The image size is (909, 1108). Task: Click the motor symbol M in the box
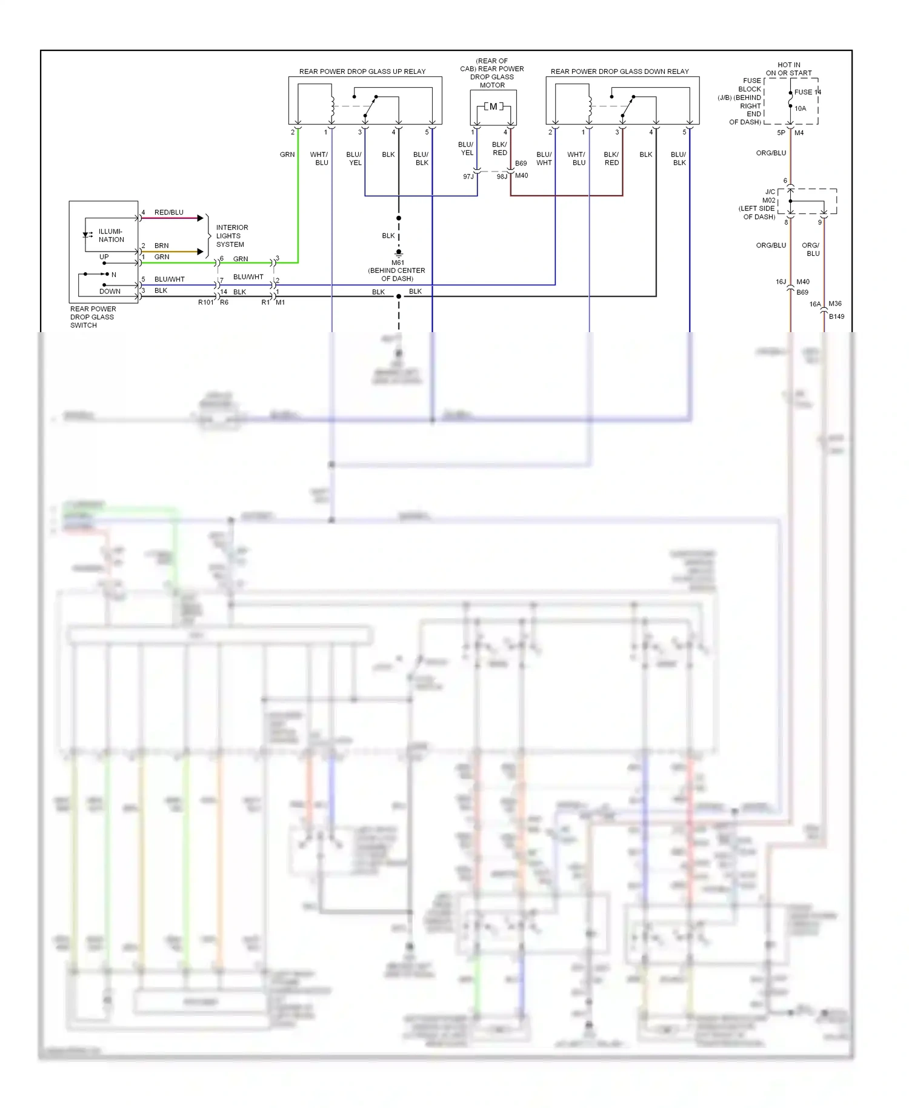[x=493, y=107]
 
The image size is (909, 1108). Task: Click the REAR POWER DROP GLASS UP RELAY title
[x=362, y=72]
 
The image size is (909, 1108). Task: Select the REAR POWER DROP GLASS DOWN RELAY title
[x=619, y=72]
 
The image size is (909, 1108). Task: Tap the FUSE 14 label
[x=807, y=92]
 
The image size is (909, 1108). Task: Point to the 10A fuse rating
[x=800, y=108]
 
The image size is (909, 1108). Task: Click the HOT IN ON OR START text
[x=788, y=68]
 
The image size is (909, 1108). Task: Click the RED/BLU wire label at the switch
[x=168, y=212]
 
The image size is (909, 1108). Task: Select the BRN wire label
[x=161, y=245]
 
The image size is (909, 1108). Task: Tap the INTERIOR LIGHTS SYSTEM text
[x=231, y=236]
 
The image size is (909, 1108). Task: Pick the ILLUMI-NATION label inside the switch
[x=111, y=235]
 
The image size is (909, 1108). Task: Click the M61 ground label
[x=398, y=263]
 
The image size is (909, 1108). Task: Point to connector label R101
[x=205, y=302]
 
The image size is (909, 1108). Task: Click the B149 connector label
[x=836, y=316]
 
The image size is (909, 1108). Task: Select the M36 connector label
[x=834, y=304]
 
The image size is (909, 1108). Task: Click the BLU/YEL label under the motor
[x=466, y=149]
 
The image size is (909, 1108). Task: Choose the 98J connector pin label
[x=502, y=176]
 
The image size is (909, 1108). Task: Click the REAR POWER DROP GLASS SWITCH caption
[x=92, y=317]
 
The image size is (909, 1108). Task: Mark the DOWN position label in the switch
[x=110, y=292]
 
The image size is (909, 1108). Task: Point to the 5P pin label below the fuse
[x=781, y=133]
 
